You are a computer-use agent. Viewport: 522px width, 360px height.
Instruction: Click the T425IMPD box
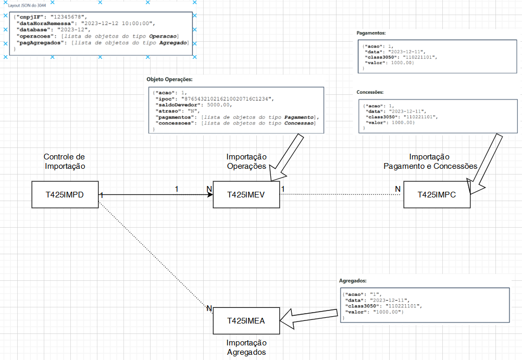[x=65, y=195]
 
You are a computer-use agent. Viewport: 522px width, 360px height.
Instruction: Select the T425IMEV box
[x=246, y=195]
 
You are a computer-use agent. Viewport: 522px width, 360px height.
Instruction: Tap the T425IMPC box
[x=437, y=195]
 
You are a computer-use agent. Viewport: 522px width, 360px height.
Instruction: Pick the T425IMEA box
[x=246, y=321]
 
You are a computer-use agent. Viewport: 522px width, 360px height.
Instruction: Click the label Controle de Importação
[x=65, y=162]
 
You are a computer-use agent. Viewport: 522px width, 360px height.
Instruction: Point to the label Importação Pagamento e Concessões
[x=430, y=162]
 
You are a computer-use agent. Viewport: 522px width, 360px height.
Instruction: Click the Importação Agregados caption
[x=246, y=347]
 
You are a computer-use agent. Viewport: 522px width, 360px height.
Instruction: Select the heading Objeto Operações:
[x=170, y=80]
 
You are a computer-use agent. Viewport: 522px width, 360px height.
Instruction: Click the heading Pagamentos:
[x=371, y=33]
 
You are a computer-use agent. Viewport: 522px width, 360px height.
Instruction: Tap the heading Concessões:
[x=370, y=92]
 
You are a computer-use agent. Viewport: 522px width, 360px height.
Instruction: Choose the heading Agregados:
[x=353, y=281]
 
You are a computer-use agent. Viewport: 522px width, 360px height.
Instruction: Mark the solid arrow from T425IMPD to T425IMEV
[x=156, y=195]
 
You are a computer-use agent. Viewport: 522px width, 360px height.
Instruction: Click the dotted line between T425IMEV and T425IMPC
[x=341, y=195]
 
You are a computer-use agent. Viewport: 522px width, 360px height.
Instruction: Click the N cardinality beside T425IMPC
[x=397, y=188]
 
